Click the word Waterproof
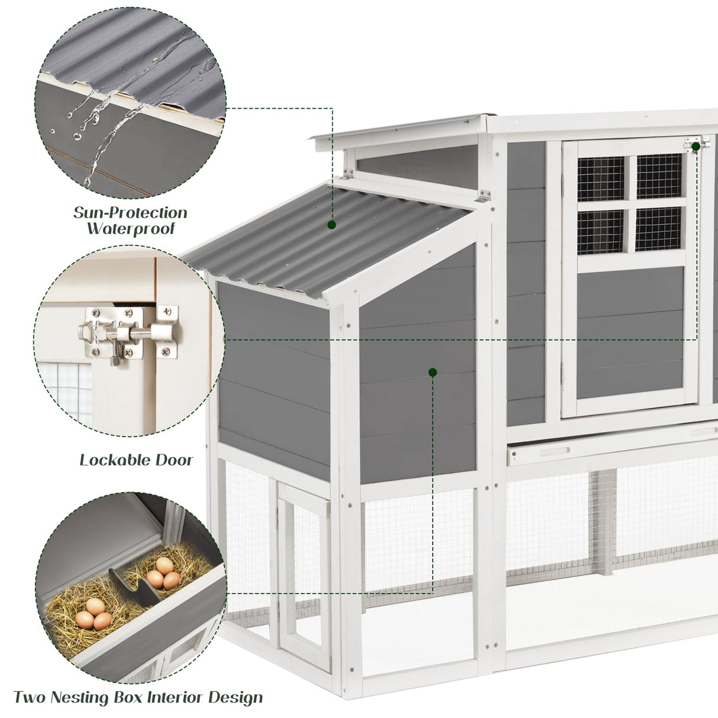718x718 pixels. pyautogui.click(x=131, y=229)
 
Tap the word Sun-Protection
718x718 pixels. pyautogui.click(x=130, y=212)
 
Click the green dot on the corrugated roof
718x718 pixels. pyautogui.click(x=332, y=225)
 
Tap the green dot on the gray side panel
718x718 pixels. pyautogui.click(x=432, y=372)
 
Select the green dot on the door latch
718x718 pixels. pyautogui.click(x=696, y=145)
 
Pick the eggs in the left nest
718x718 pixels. pyautogui.click(x=94, y=614)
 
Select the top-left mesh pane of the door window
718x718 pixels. pyautogui.click(x=600, y=178)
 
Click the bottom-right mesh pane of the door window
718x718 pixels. pyautogui.click(x=659, y=229)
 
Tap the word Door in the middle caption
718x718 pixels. pyautogui.click(x=174, y=460)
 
